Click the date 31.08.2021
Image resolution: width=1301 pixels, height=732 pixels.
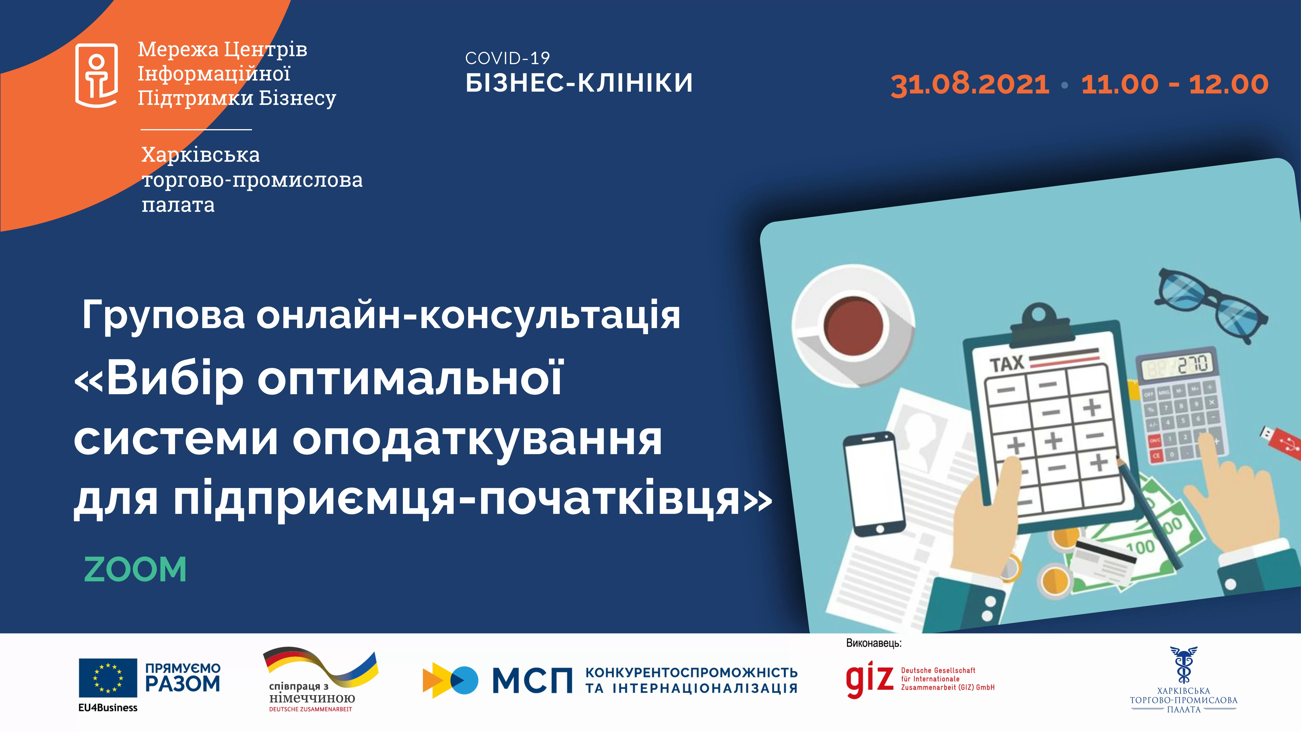point(970,84)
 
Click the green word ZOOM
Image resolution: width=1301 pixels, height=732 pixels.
point(135,569)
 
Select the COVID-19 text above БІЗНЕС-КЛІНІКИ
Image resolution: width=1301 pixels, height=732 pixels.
point(507,59)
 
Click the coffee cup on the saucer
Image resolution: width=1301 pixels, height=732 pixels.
point(854,326)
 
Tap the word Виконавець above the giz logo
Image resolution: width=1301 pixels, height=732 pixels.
point(874,644)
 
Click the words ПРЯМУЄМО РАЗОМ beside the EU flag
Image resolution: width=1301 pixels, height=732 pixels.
point(183,677)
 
